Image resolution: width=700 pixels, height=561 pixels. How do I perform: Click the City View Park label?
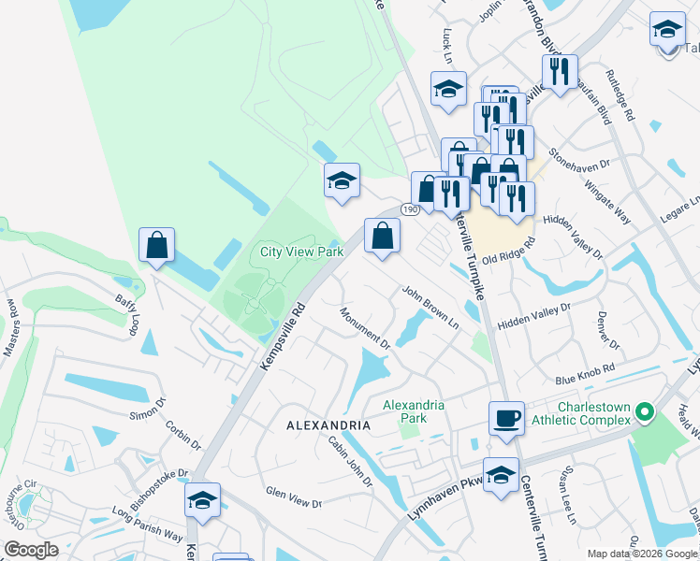coord(301,252)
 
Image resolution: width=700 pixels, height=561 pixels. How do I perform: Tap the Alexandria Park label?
coord(414,411)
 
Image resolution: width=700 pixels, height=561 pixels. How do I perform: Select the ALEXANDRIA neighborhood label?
coord(328,424)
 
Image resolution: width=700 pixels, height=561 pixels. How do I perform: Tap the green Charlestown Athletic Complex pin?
coord(643,411)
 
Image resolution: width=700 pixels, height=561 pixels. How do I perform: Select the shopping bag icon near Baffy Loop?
coord(157,245)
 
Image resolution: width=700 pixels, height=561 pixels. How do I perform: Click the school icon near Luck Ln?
coord(448,89)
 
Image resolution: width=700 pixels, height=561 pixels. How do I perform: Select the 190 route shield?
coord(412,209)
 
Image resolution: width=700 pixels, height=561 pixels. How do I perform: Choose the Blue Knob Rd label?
coord(584,374)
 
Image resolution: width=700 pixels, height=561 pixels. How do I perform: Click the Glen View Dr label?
coord(293,497)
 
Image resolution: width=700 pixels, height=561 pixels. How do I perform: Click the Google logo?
coord(31,550)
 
